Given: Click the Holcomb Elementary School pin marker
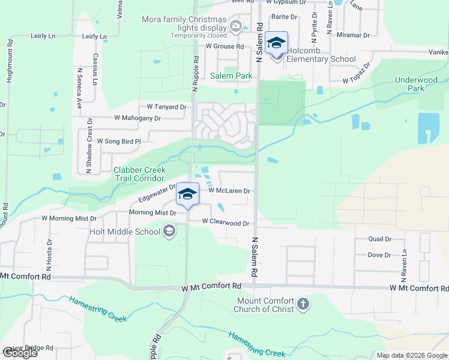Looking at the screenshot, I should [277, 44].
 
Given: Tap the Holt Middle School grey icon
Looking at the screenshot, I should [170, 232].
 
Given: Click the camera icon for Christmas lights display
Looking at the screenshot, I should [235, 26].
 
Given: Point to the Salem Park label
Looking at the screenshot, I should [231, 76].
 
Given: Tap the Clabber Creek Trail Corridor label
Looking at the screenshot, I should [139, 175].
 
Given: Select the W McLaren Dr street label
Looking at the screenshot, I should [229, 191].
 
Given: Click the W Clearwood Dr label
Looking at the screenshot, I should [225, 222].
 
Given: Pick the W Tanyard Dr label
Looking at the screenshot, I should [162, 107].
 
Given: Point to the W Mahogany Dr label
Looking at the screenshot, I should [137, 118].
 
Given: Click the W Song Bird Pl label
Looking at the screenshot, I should [118, 142].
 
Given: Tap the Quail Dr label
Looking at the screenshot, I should [380, 239].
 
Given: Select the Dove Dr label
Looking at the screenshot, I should [379, 255].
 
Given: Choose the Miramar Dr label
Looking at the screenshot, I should [352, 35].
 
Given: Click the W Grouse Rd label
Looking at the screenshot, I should [224, 46].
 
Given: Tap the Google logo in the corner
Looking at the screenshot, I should [20, 353].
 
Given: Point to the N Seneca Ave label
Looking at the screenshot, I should [79, 87].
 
